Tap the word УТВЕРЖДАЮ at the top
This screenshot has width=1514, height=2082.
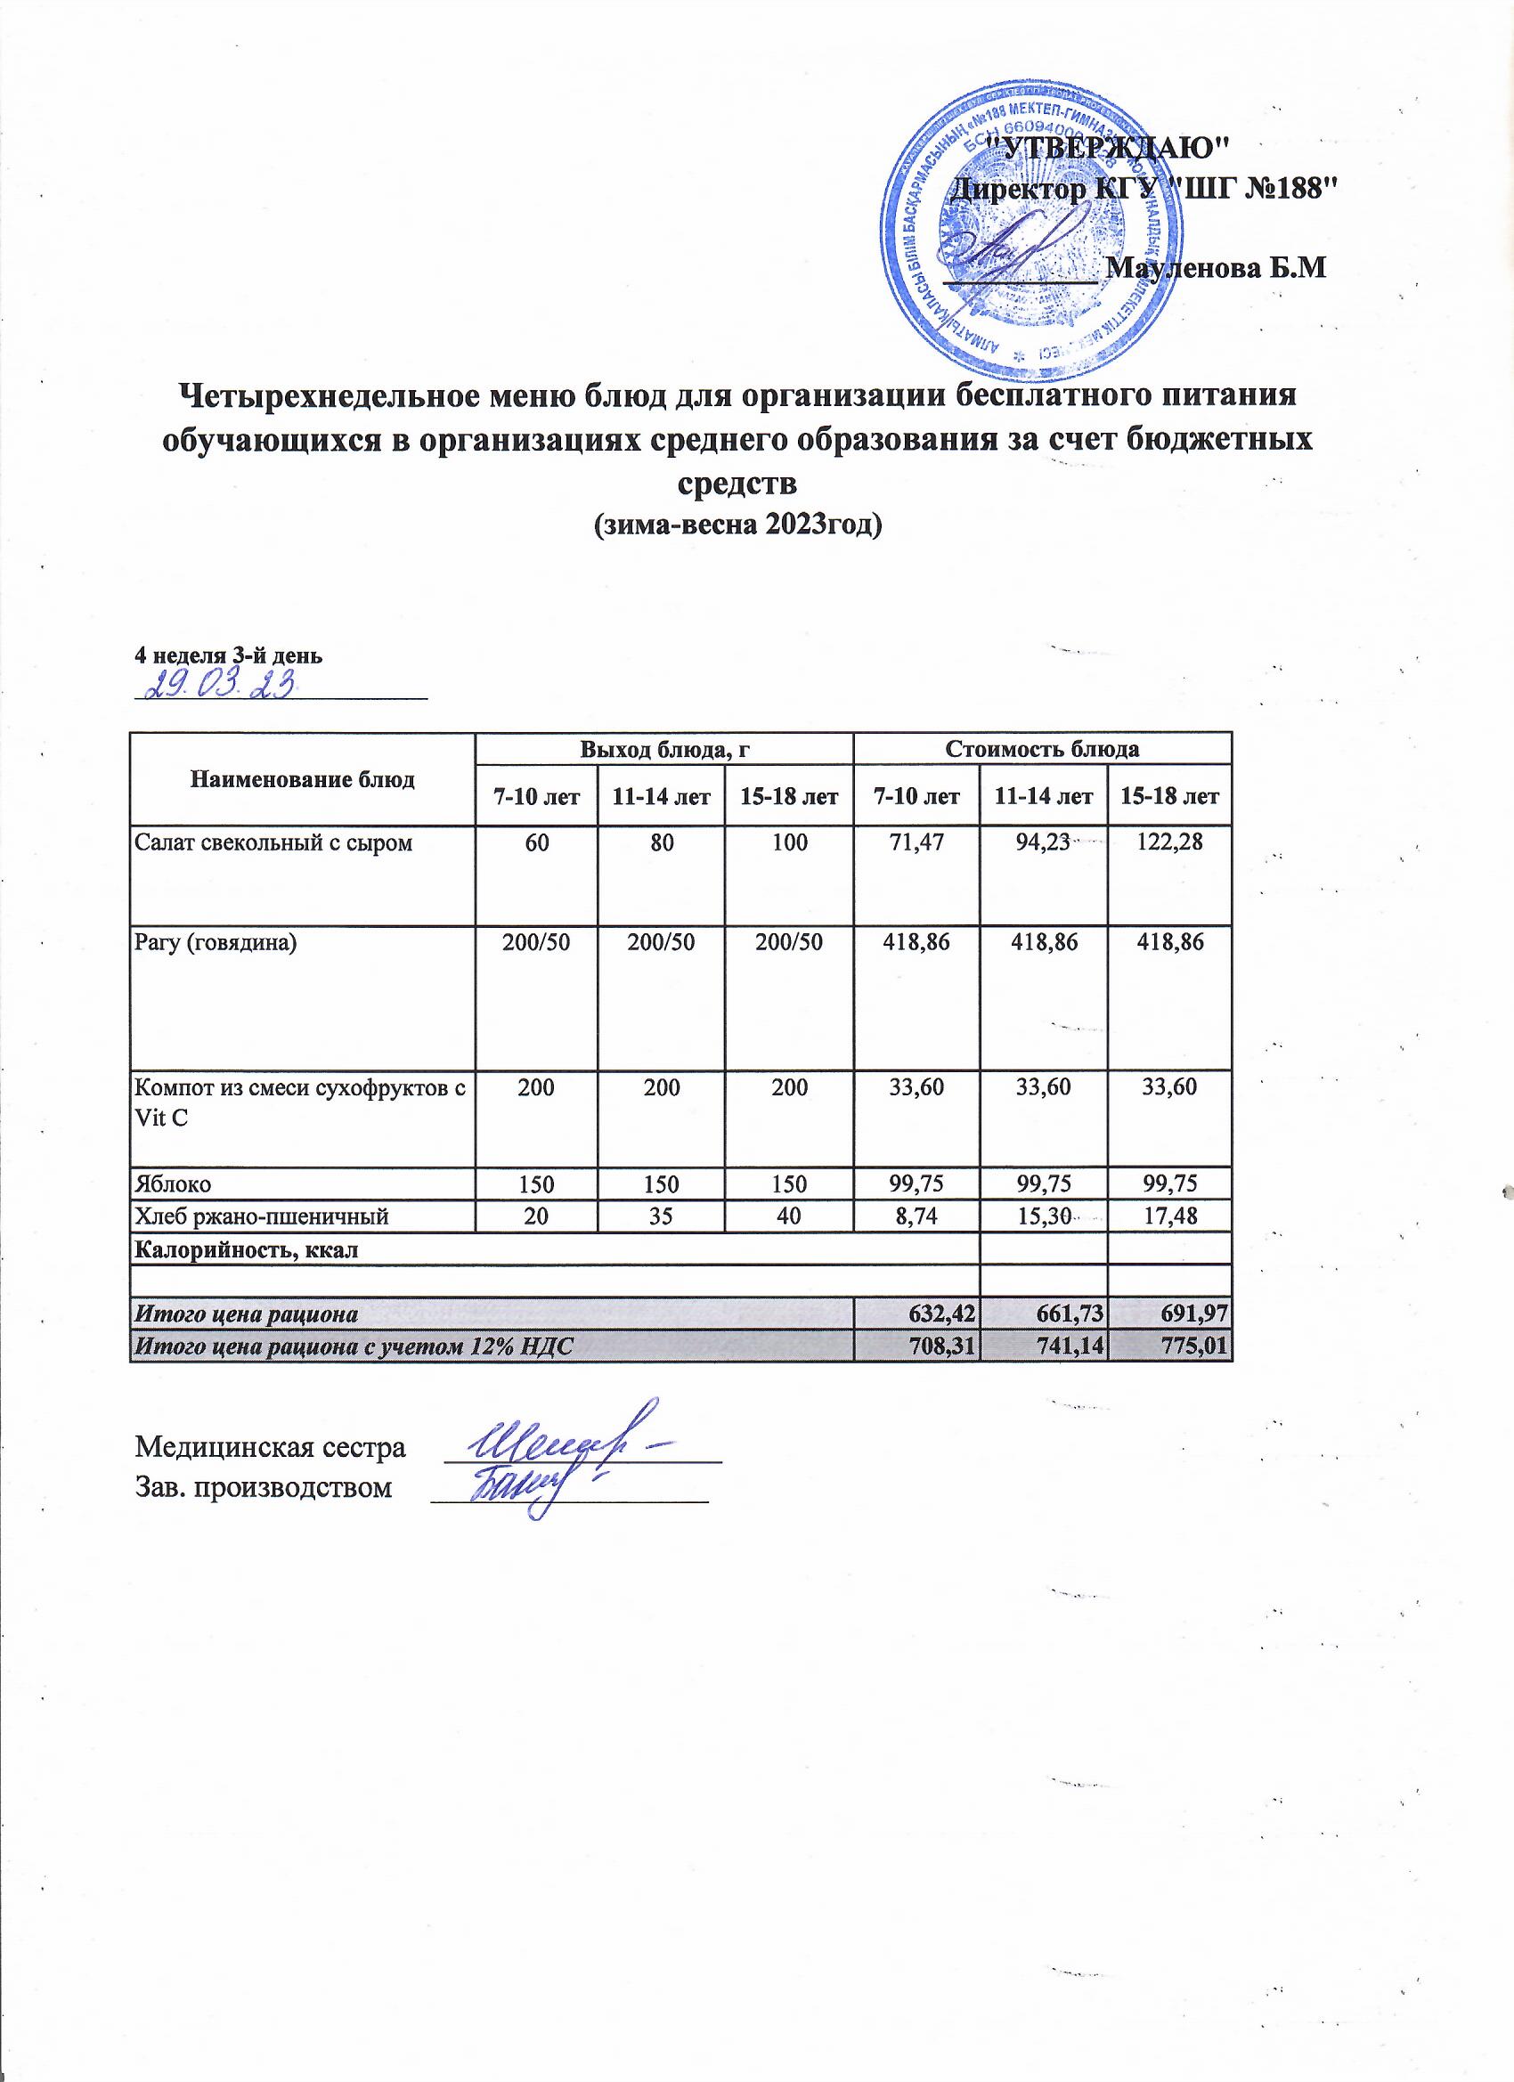pos(1111,145)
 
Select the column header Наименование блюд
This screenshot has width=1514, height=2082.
pos(303,779)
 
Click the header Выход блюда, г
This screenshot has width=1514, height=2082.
pos(663,749)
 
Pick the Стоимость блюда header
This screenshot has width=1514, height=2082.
pos(1042,749)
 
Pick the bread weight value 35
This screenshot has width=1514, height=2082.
pos(661,1217)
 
